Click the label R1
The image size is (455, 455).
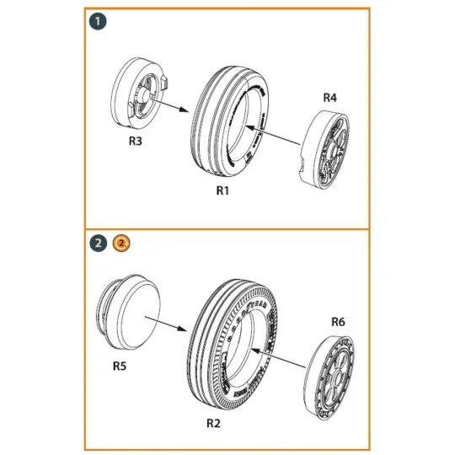(222, 191)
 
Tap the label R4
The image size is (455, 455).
(330, 98)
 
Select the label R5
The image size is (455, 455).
(121, 367)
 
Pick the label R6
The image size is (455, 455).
(338, 321)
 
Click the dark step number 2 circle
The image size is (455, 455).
(99, 244)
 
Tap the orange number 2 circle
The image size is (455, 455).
(121, 244)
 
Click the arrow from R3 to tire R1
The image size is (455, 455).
(179, 109)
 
